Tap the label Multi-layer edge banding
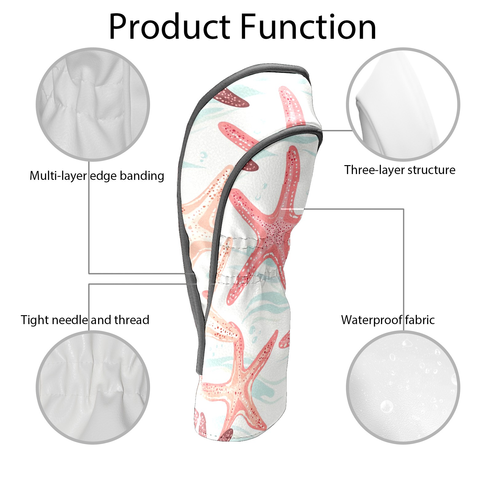[x=97, y=176]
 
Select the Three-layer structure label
[x=400, y=170]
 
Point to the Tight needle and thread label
[x=85, y=320]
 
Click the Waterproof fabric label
[x=388, y=320]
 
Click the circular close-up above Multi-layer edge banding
[x=93, y=104]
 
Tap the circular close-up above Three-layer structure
[x=403, y=104]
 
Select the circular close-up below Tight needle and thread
[x=93, y=387]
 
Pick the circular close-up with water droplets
[x=403, y=387]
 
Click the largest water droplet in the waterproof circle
[x=386, y=407]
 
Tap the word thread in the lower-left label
[x=132, y=320]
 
